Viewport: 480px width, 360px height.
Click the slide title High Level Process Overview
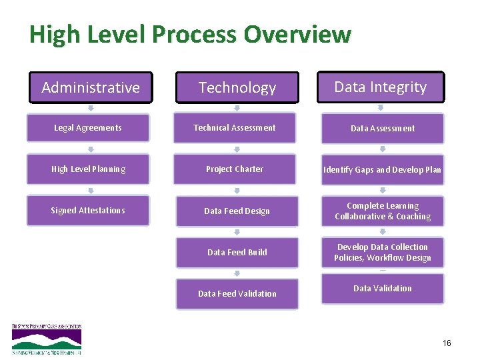(190, 34)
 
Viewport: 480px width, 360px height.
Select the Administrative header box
(91, 87)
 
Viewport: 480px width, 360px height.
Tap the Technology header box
(237, 87)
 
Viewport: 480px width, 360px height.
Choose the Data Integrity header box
(380, 87)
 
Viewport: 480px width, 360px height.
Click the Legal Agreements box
(88, 128)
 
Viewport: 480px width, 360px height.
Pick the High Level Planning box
(88, 169)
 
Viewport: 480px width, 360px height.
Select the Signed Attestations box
(88, 211)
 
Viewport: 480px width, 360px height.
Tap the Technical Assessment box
(235, 128)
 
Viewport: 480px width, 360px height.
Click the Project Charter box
(235, 169)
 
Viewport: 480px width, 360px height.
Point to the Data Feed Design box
(237, 211)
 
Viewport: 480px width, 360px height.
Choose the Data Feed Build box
(237, 253)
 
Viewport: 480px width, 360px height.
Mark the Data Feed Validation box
(237, 294)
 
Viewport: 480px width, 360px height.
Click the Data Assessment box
(383, 129)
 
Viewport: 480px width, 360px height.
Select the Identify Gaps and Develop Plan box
(383, 170)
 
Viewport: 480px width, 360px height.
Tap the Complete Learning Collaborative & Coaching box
(383, 211)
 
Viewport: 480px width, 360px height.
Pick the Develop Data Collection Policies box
(383, 253)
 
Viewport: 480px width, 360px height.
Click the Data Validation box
(383, 289)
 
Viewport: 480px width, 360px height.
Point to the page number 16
(447, 343)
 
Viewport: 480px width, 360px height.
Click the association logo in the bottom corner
(47, 339)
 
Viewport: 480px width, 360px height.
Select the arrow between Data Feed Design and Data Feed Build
(237, 232)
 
